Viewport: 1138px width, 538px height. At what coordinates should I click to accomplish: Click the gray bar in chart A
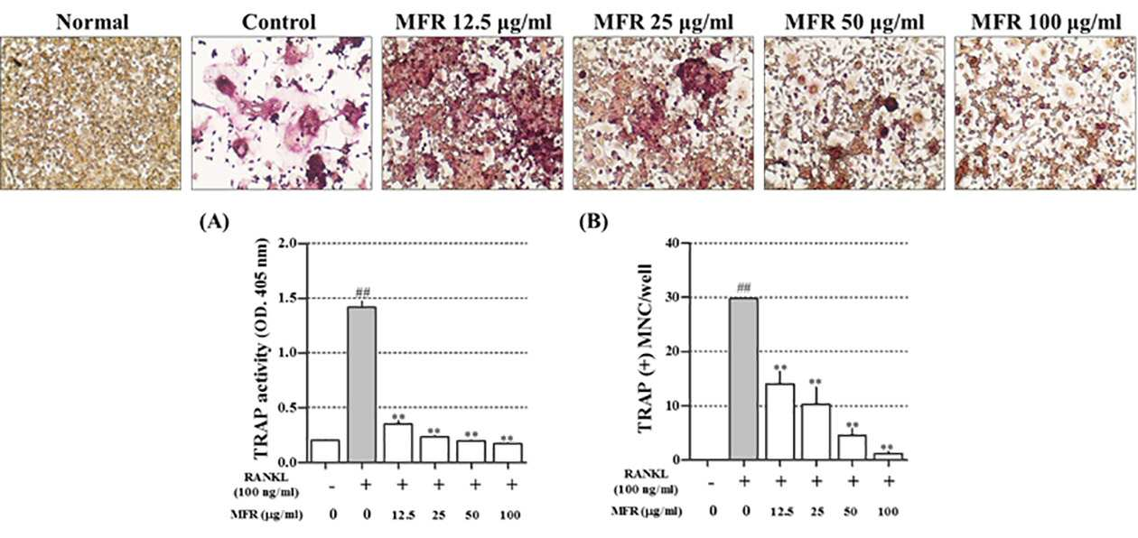tap(362, 385)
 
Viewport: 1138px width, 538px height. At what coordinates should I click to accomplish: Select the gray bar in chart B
tap(743, 379)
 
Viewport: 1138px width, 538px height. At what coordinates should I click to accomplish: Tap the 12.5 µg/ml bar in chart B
tap(779, 422)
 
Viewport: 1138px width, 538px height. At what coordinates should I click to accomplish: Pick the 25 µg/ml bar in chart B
tap(816, 431)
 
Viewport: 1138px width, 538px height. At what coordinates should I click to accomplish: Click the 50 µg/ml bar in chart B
tap(853, 448)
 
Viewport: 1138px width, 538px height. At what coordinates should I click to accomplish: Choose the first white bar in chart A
tap(326, 451)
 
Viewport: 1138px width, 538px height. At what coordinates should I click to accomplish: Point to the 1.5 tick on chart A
tap(304, 299)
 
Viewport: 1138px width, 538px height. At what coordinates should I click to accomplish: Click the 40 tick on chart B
tap(686, 243)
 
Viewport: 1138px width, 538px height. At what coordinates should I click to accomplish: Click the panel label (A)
tap(214, 221)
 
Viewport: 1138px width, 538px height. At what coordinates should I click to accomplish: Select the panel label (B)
tap(593, 221)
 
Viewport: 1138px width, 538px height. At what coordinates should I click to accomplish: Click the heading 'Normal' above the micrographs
tap(92, 23)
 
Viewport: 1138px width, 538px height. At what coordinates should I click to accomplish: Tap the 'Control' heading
tap(279, 23)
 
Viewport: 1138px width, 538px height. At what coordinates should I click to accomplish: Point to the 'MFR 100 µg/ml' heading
tap(1047, 23)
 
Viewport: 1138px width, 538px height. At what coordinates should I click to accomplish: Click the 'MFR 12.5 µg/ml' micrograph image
tap(472, 113)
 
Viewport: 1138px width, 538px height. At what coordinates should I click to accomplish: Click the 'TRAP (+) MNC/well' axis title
tap(644, 348)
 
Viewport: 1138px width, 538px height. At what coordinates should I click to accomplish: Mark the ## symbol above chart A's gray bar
tap(363, 292)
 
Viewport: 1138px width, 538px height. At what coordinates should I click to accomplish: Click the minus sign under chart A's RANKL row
tap(331, 487)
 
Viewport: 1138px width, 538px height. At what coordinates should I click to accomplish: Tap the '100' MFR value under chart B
tap(889, 512)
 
